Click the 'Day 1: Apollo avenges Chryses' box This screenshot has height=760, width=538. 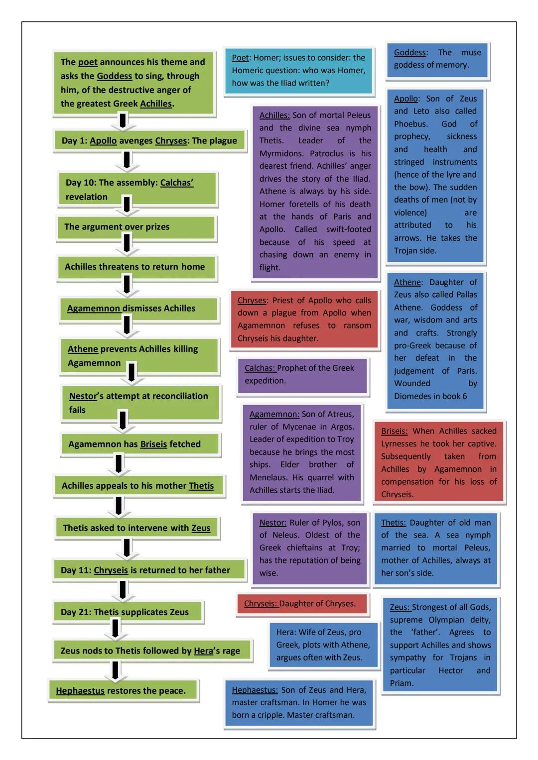[149, 140]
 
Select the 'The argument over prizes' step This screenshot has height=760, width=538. [135, 227]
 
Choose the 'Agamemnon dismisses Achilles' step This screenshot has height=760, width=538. [138, 309]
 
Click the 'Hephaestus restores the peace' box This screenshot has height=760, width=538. [123, 691]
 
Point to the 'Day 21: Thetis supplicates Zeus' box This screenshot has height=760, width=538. [128, 612]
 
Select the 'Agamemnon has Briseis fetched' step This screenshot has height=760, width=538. [139, 444]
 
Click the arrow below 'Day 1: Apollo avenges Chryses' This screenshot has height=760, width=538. [127, 160]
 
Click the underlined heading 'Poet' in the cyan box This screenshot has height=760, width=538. [240, 58]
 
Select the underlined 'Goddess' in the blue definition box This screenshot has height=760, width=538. [410, 53]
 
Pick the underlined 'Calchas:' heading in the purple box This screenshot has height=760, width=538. [260, 368]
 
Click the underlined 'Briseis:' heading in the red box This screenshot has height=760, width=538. [394, 431]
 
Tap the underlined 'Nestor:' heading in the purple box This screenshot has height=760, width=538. [272, 523]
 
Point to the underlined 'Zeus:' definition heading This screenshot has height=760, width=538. [400, 607]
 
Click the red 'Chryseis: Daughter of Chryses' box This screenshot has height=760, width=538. [302, 604]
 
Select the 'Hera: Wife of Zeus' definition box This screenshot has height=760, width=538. [323, 645]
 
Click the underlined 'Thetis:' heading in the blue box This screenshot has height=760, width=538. [393, 523]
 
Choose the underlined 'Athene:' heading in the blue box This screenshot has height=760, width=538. [407, 282]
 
